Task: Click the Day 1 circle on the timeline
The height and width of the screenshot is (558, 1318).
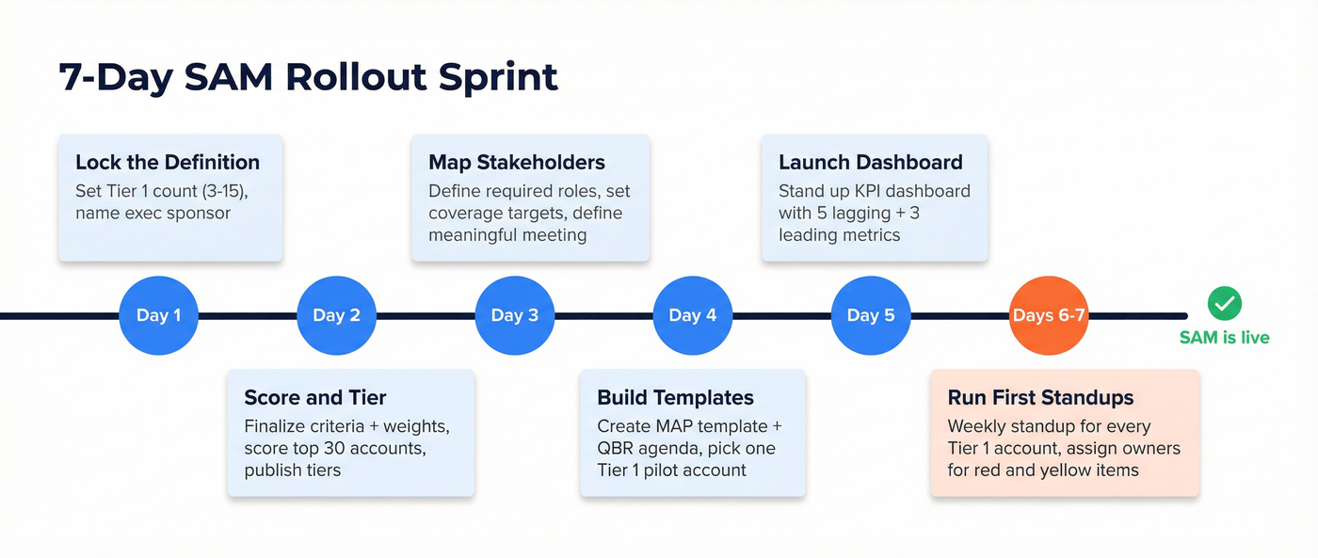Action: coord(158,315)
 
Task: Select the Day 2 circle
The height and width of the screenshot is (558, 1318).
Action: coord(336,315)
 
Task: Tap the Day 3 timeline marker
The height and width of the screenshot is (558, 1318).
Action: coord(514,315)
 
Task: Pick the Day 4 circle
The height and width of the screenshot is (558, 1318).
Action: coord(692,315)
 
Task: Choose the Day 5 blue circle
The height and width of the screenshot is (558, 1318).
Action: coord(870,315)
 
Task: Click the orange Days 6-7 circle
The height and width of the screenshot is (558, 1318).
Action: coord(1049,315)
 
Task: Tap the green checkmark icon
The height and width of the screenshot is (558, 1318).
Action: coord(1224,304)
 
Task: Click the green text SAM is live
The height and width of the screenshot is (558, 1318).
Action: coord(1224,337)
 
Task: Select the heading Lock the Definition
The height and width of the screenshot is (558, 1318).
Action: coord(168,162)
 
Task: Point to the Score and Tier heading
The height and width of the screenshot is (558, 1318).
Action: coord(315,397)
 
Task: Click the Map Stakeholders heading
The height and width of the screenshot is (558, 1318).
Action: coord(517,162)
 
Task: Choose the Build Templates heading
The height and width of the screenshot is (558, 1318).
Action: coord(675,397)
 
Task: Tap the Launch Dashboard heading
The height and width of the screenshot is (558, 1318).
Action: coord(870,162)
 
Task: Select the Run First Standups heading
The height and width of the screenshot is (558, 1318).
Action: coord(1040,397)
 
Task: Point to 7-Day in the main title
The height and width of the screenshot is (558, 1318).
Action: coord(115,77)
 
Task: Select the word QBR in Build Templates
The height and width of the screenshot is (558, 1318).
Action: coord(618,448)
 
